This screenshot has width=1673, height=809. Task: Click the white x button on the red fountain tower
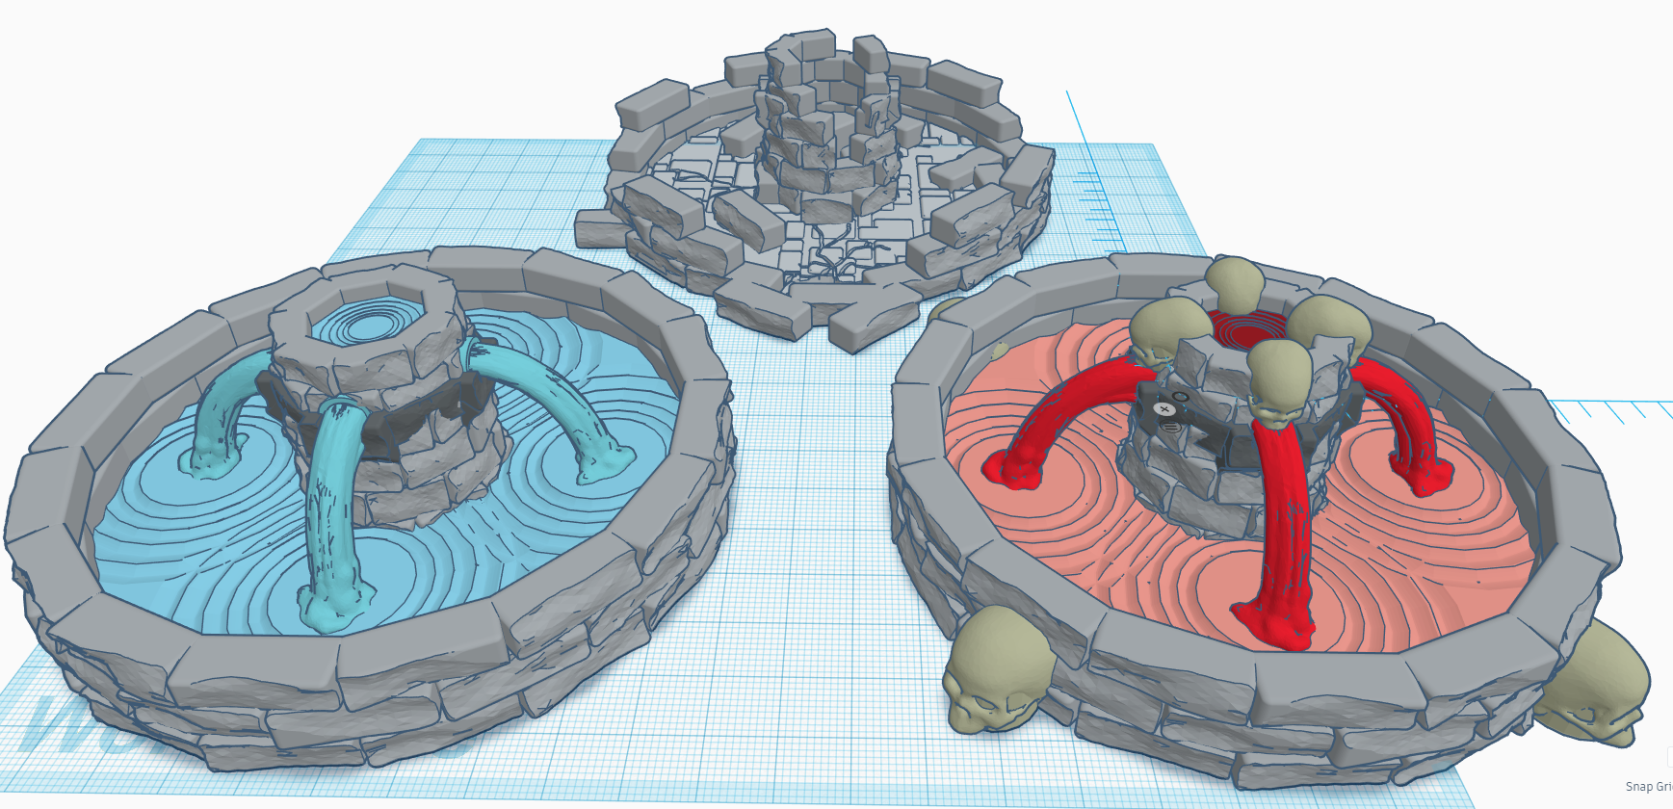tap(1166, 410)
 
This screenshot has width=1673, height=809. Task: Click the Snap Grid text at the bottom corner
tap(1648, 786)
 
